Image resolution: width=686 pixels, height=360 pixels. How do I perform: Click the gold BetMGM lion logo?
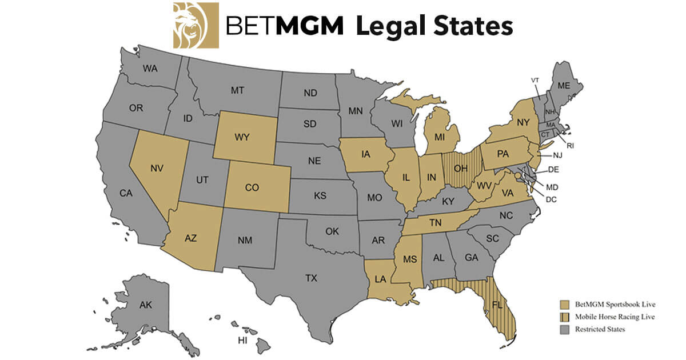point(196,25)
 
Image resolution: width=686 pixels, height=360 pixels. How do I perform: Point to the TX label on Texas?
point(311,278)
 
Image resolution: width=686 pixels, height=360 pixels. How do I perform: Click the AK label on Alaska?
point(146,306)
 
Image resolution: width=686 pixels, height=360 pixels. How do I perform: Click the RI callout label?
point(570,146)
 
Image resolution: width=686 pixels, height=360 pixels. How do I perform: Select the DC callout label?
point(551,199)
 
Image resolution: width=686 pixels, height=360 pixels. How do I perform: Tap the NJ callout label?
point(558,155)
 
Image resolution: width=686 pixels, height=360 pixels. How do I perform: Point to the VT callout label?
point(535,80)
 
